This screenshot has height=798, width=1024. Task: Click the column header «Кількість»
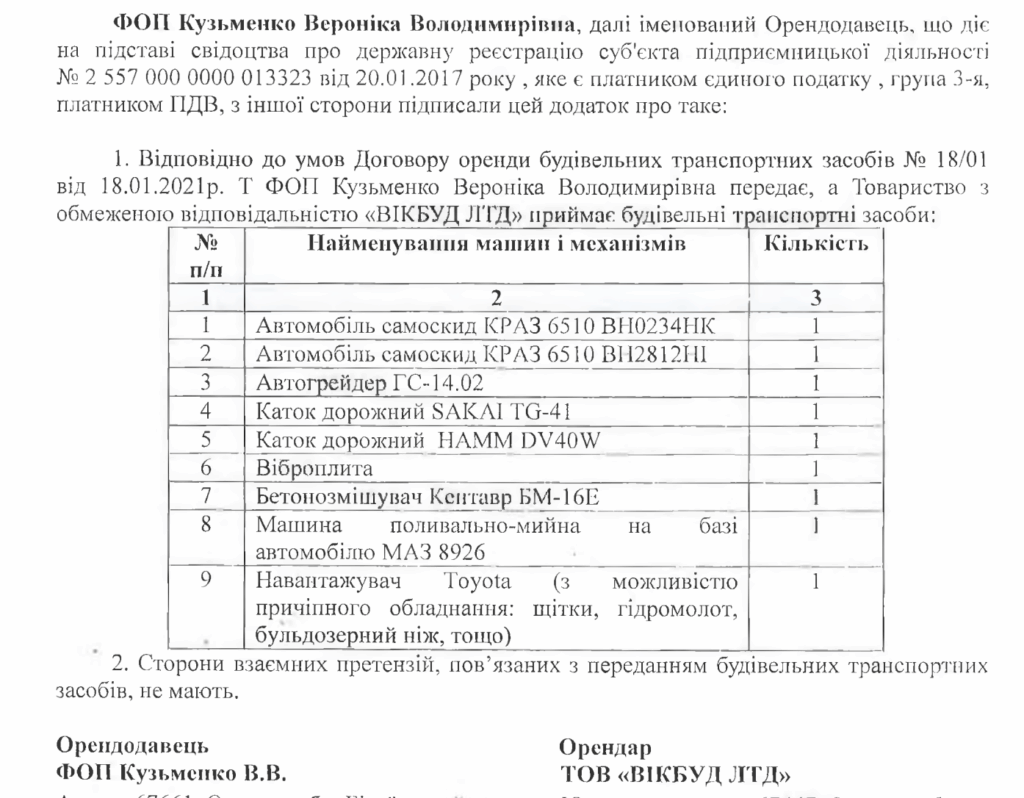816,243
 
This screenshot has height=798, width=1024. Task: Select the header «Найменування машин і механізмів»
496,243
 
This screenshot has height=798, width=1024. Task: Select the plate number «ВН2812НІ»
661,353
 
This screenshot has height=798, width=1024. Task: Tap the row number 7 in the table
205,495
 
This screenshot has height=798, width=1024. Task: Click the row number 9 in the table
205,581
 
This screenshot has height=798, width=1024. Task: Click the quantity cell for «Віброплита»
816,467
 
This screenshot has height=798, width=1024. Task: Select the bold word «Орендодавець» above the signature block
133,746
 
